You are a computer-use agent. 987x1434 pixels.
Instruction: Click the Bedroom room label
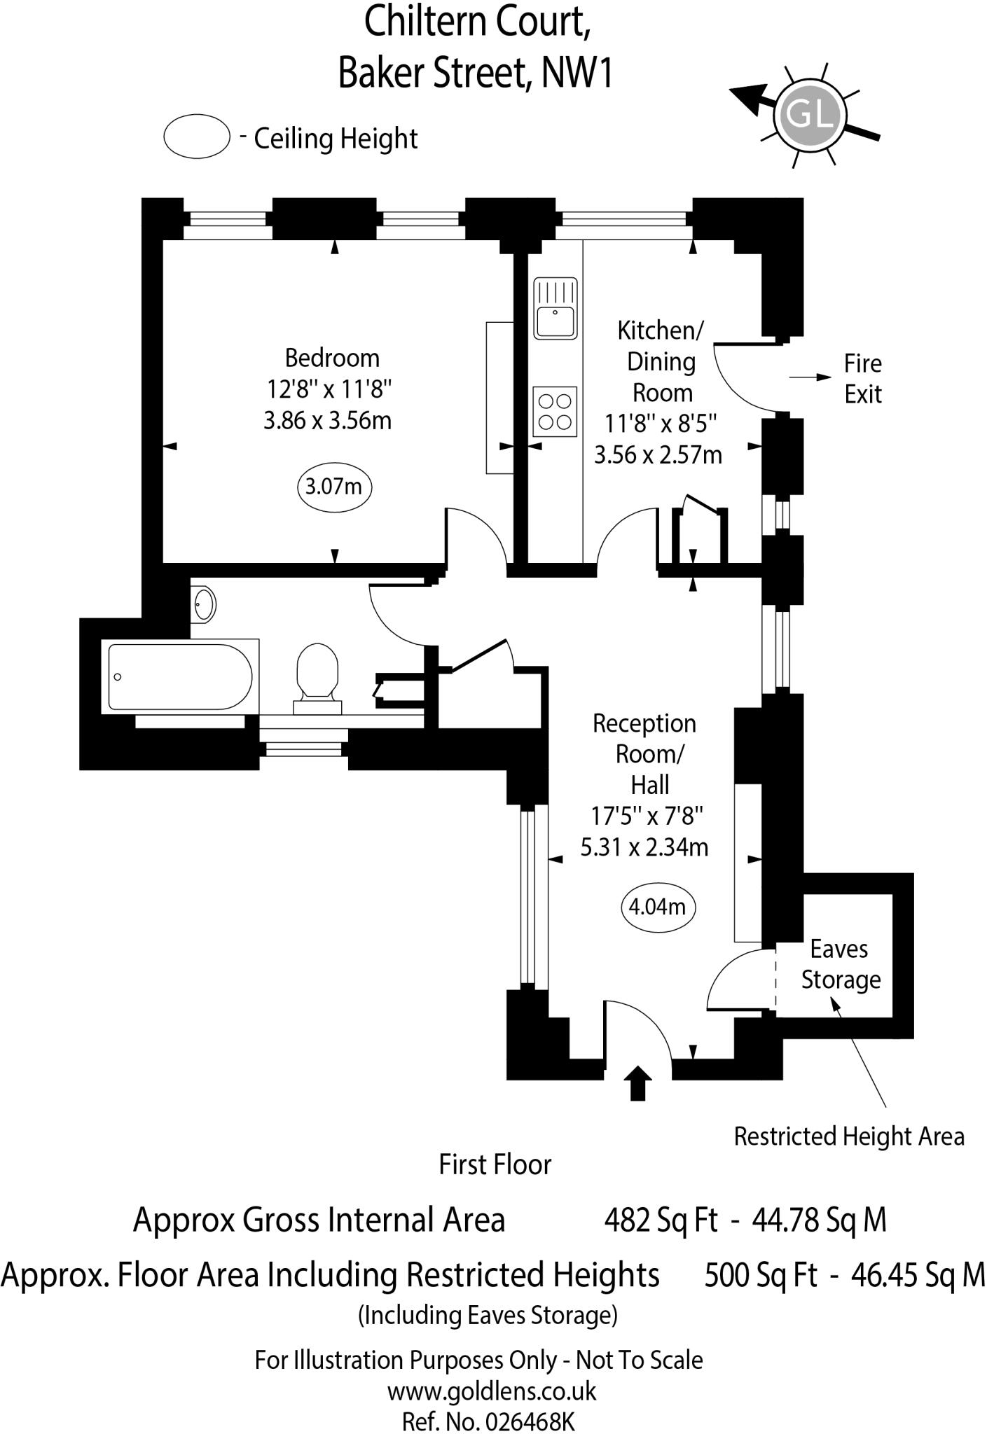pos(332,358)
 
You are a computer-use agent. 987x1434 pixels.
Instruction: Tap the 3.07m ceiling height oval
pos(334,485)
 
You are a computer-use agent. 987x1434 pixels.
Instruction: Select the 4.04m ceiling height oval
pos(658,907)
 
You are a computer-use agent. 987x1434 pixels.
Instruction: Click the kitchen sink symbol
pos(555,309)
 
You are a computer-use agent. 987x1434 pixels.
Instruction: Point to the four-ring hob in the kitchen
pos(555,412)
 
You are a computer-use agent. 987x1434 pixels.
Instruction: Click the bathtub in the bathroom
pos(180,677)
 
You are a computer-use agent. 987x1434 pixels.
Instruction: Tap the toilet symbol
pos(317,674)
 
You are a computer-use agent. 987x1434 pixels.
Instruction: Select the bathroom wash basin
pos(205,603)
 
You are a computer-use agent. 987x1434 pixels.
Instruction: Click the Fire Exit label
pos(862,379)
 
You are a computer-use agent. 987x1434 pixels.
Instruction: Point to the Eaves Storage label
pos(840,964)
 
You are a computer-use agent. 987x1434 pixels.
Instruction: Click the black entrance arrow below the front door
pos(637,1083)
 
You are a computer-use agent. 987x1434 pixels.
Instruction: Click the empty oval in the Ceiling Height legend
pos(197,137)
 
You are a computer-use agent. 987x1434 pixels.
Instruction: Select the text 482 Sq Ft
pos(661,1220)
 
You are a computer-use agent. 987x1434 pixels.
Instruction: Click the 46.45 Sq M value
pos(918,1275)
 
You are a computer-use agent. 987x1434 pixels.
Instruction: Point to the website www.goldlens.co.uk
pos(492,1391)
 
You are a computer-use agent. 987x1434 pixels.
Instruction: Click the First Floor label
pos(495,1164)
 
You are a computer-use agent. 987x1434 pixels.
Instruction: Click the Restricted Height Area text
pos(848,1136)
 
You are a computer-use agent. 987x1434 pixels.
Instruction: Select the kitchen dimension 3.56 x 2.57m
pos(658,455)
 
